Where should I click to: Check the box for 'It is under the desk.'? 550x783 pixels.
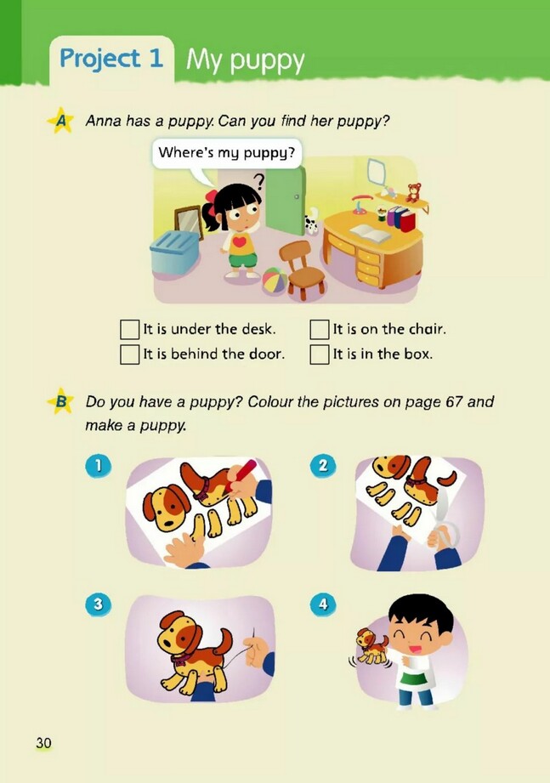click(x=130, y=330)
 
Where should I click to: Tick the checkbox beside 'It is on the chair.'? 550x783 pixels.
click(x=320, y=330)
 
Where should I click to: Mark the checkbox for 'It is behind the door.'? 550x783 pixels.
click(x=130, y=354)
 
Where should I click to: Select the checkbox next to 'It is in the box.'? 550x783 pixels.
click(x=320, y=354)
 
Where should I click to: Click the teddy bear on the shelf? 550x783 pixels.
click(x=413, y=192)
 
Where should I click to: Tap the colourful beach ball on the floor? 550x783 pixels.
click(x=275, y=281)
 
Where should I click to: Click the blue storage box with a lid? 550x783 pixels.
click(x=174, y=252)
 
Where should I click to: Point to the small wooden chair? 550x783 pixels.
click(x=302, y=270)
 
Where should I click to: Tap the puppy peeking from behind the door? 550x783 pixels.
click(x=311, y=221)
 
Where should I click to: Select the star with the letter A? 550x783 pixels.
click(x=61, y=121)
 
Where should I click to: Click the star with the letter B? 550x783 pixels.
click(x=61, y=401)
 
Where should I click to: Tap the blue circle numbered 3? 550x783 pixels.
click(x=99, y=604)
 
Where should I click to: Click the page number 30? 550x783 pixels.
click(x=43, y=743)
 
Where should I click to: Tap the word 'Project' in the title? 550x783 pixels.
click(x=99, y=59)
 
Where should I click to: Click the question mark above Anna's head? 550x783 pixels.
click(x=258, y=181)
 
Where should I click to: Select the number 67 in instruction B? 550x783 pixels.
click(x=454, y=402)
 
